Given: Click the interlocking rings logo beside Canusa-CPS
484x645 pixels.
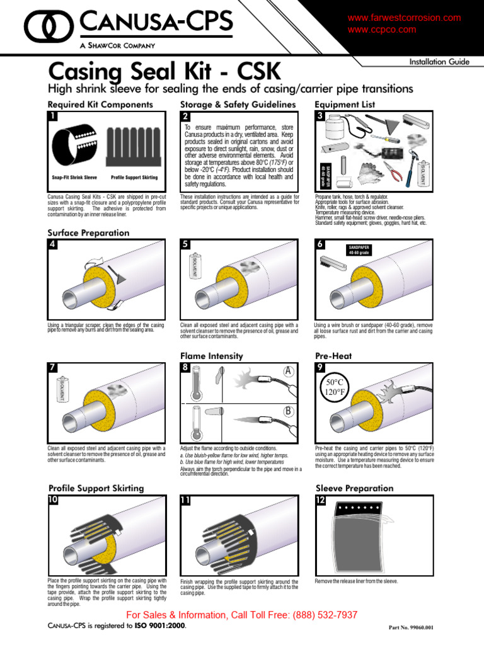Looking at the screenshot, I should (x=50, y=26).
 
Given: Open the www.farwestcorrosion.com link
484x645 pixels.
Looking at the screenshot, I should (x=404, y=18).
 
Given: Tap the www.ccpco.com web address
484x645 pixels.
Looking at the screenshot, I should (x=381, y=30).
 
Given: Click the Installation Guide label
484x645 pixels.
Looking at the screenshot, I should (x=439, y=62).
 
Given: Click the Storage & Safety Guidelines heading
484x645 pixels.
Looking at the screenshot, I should (x=238, y=104).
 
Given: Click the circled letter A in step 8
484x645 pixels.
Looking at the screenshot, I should (x=289, y=372).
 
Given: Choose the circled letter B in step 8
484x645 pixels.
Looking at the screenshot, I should (x=289, y=412).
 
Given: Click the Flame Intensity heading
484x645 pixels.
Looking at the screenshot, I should (x=211, y=356).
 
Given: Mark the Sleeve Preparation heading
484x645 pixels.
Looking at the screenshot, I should (x=354, y=488).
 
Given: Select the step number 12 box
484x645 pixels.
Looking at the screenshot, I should (x=321, y=500).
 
